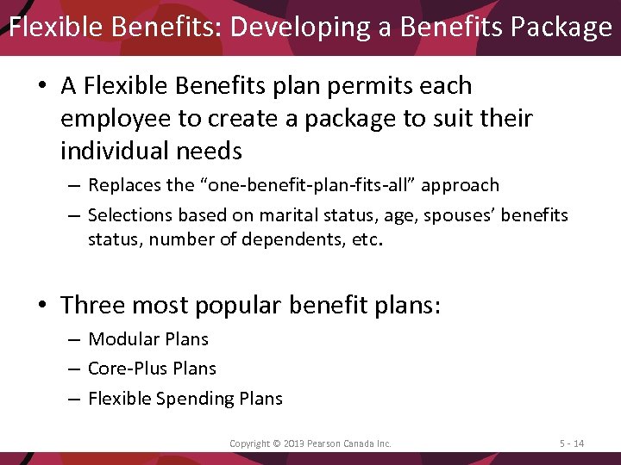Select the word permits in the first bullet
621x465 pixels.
coord(356,85)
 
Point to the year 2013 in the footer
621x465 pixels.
coord(291,443)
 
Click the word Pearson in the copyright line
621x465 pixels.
coord(324,443)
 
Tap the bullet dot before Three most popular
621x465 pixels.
coord(43,306)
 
